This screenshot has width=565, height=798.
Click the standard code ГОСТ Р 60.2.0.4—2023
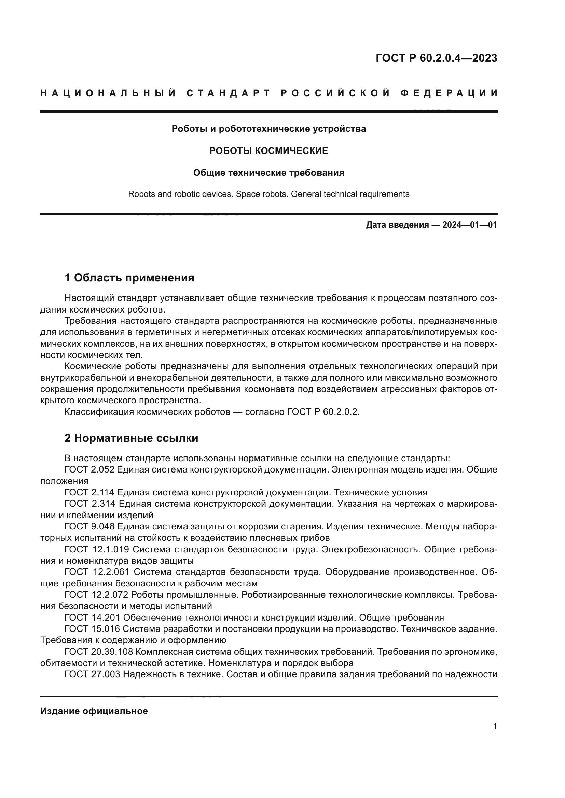[x=436, y=58]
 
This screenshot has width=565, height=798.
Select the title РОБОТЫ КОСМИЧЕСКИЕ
[x=268, y=151]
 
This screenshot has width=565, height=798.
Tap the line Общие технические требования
[x=268, y=173]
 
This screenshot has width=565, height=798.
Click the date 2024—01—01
[x=469, y=225]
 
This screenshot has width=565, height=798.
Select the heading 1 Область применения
[x=129, y=278]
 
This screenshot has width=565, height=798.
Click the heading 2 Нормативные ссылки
[x=131, y=438]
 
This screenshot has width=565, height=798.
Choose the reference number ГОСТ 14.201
[x=92, y=618]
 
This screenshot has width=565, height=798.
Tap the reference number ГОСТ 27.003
[x=92, y=674]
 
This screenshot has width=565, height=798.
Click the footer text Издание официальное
[x=94, y=711]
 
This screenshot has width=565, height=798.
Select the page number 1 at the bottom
[x=495, y=726]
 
